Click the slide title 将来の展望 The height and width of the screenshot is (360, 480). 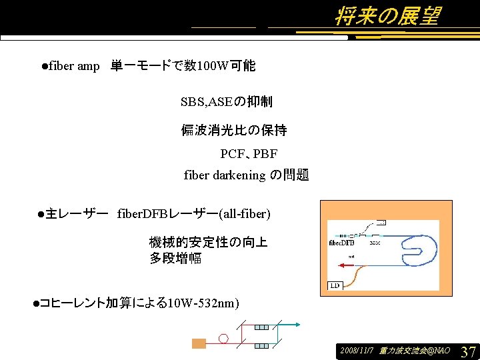click(x=387, y=17)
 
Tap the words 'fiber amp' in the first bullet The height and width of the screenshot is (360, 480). click(x=74, y=66)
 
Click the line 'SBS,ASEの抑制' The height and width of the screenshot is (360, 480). click(x=226, y=102)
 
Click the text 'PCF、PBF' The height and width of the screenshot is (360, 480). click(x=249, y=154)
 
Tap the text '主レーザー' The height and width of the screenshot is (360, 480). click(x=77, y=214)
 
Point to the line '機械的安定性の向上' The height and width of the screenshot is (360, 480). click(x=208, y=242)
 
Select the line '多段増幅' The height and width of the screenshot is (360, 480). click(x=175, y=258)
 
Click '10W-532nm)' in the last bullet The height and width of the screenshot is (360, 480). click(x=203, y=303)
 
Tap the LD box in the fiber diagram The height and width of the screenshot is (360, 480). click(x=335, y=286)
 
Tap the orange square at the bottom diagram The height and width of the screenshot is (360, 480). click(x=199, y=344)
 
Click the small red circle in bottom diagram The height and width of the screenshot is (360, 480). click(x=223, y=339)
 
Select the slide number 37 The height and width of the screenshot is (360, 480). click(x=468, y=351)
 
